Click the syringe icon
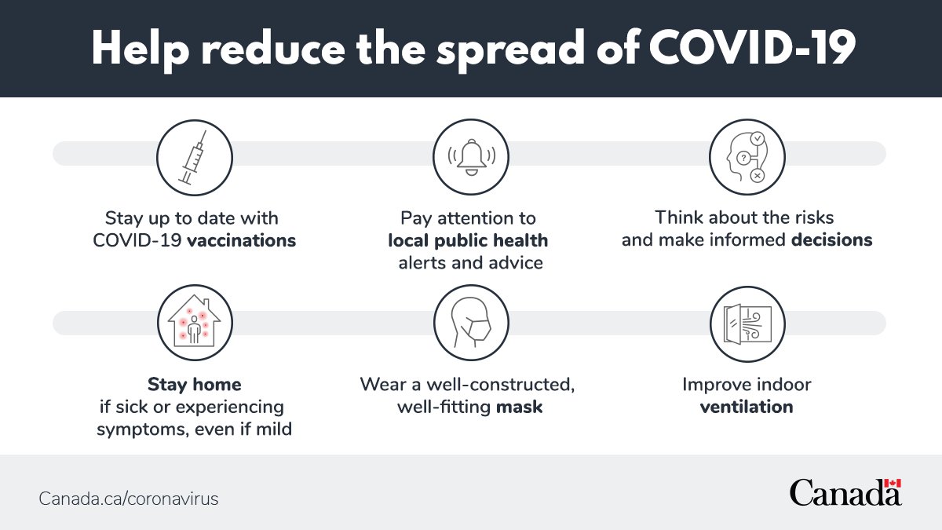coord(194,158)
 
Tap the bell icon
coord(471,158)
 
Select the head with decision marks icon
coord(747,158)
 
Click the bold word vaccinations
coord(241,240)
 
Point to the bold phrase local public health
coord(468,240)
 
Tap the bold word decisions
coord(831,240)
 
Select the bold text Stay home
coord(194,385)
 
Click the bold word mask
coord(519,408)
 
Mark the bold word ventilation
coord(747,408)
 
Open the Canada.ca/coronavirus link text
coord(129,499)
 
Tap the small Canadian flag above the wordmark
coord(892,484)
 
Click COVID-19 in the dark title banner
coord(752,49)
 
